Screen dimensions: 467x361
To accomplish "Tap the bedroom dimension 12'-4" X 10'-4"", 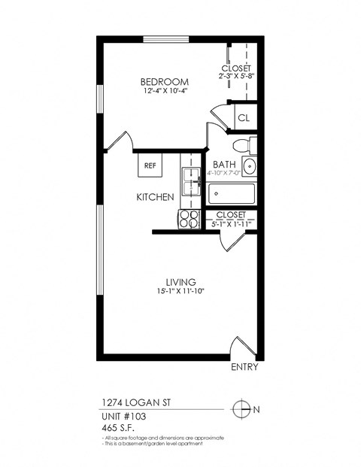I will (164, 92).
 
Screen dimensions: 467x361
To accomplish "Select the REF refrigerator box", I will (150, 165).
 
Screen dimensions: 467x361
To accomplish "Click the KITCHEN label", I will (155, 197).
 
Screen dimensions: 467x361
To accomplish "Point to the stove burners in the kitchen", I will (188, 218).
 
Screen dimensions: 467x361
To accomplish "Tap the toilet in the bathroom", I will (242, 145).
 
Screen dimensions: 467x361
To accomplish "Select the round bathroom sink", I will (250, 167).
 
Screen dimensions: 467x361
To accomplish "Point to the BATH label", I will (224, 165).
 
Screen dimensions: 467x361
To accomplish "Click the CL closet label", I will (243, 118).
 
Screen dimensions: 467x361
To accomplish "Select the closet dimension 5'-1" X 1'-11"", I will (230, 223).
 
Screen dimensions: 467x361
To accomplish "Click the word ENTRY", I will (245, 368).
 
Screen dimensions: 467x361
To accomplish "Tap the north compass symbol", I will (241, 409).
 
